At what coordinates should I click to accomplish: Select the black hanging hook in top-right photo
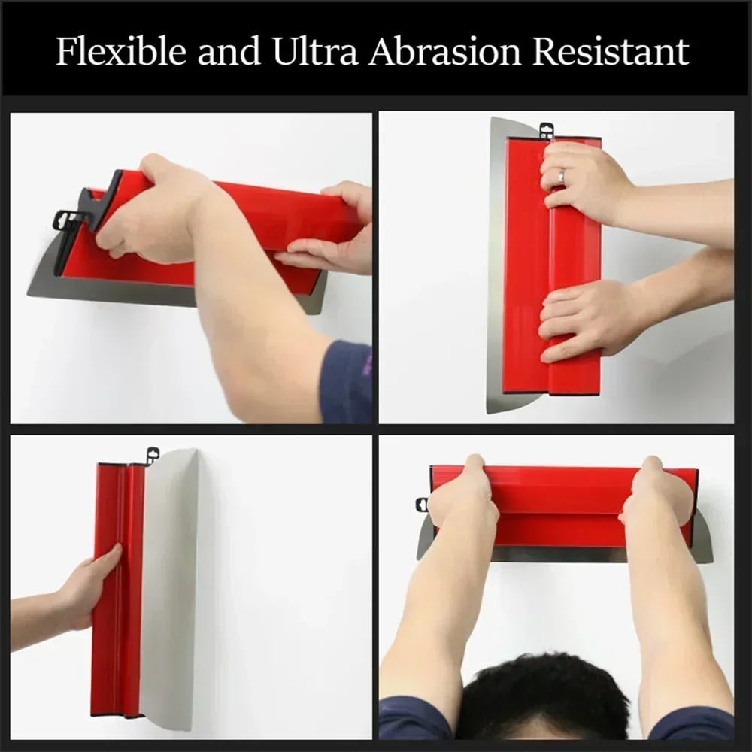pyautogui.click(x=546, y=130)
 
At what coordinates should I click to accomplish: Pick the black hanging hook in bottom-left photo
pyautogui.click(x=152, y=454)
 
